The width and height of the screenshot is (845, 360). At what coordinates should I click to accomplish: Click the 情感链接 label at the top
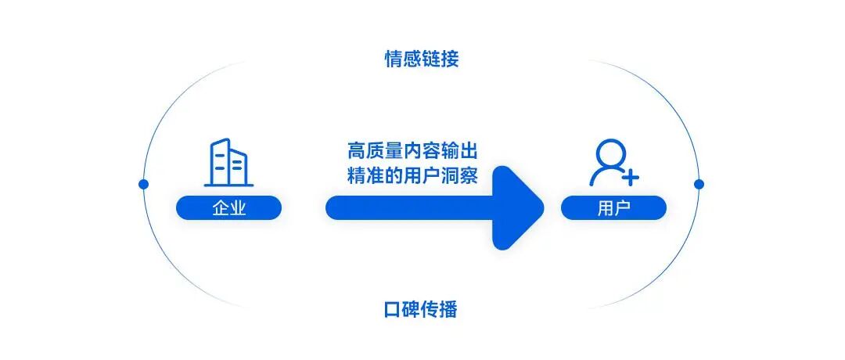(422, 59)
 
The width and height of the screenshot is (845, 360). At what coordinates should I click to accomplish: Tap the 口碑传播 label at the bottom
(422, 309)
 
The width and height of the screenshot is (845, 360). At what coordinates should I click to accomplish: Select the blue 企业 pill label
(229, 207)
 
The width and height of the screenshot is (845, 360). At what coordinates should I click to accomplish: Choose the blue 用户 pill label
(614, 207)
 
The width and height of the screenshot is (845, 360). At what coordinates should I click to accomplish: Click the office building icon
(228, 162)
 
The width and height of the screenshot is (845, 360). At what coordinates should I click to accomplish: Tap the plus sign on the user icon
(630, 176)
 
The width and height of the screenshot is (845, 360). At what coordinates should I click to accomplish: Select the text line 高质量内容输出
(413, 151)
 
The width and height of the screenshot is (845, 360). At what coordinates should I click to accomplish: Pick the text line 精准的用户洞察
(413, 175)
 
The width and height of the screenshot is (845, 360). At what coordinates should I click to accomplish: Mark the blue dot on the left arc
(143, 185)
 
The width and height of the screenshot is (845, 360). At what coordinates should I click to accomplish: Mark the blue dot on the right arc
(699, 185)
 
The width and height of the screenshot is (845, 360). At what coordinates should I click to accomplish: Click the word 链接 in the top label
(440, 59)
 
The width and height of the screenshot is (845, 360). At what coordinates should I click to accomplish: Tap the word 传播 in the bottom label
(440, 309)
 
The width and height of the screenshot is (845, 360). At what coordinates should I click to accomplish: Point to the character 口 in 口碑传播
(393, 310)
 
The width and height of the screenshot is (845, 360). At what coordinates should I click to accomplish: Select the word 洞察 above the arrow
(460, 175)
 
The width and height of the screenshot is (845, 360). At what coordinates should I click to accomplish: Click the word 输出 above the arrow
(460, 151)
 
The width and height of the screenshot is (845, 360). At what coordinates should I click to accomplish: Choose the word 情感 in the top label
(404, 59)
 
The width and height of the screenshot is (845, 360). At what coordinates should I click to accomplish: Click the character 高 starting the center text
(357, 151)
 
